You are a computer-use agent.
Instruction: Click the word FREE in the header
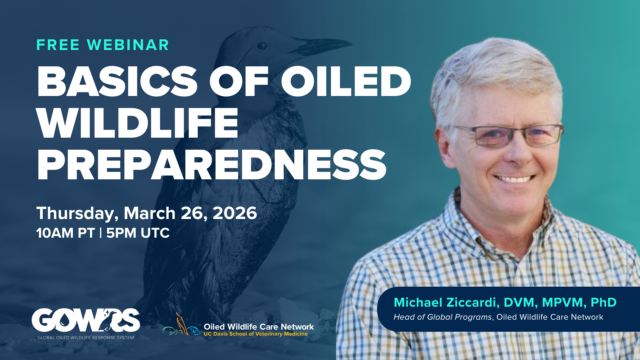pos(58,45)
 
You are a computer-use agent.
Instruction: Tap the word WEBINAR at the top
pos(128,45)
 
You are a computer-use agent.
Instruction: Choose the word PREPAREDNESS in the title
pos(211,165)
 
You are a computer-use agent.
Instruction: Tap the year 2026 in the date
pos(235,213)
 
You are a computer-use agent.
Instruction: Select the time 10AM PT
pos(65,233)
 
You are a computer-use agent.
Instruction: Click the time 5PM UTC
pos(138,233)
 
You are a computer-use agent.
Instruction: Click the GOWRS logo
pos(86,320)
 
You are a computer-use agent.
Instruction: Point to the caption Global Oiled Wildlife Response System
pos(86,338)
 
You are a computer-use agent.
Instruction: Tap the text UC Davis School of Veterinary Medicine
pos(256,334)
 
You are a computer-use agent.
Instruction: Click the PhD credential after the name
pos(603,302)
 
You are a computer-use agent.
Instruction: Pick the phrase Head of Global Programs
pos(442,317)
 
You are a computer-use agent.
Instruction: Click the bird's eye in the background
pos(261,46)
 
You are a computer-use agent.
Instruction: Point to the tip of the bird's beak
pos(352,43)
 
